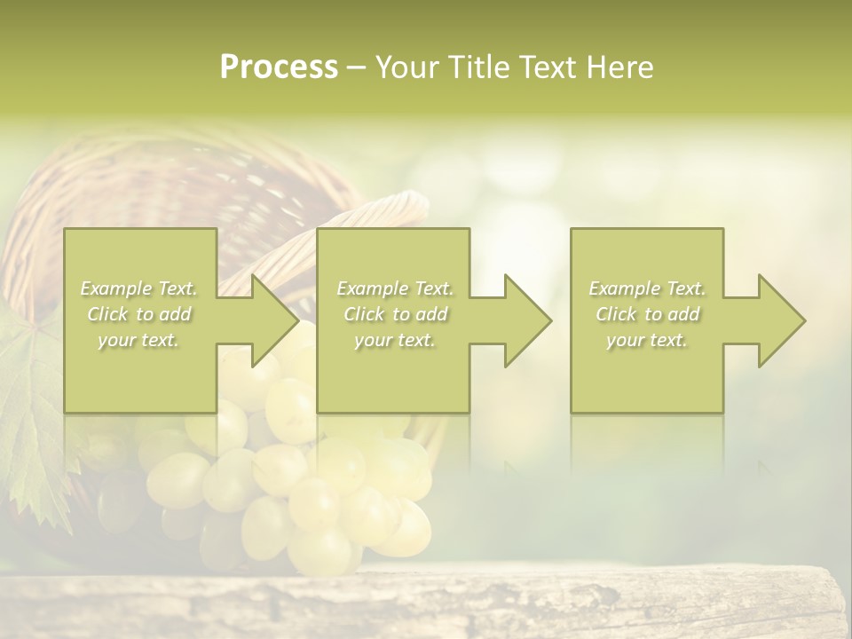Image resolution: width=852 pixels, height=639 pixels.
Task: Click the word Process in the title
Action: [279, 67]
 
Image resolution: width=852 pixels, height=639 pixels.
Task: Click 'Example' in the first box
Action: [115, 288]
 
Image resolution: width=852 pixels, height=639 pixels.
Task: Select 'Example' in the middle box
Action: [372, 288]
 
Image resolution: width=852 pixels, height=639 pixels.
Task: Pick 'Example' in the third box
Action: [624, 288]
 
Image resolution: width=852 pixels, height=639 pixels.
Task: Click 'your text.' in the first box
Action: [138, 340]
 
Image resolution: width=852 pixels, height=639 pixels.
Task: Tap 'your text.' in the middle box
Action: [394, 340]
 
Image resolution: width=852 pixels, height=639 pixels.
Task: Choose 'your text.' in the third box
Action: [646, 340]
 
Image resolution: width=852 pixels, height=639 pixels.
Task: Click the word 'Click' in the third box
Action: [616, 314]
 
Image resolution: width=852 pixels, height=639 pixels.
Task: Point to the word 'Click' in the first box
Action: [107, 314]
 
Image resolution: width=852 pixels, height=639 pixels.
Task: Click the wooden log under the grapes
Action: [355, 608]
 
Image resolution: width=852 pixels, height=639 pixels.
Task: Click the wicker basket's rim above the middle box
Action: [390, 209]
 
